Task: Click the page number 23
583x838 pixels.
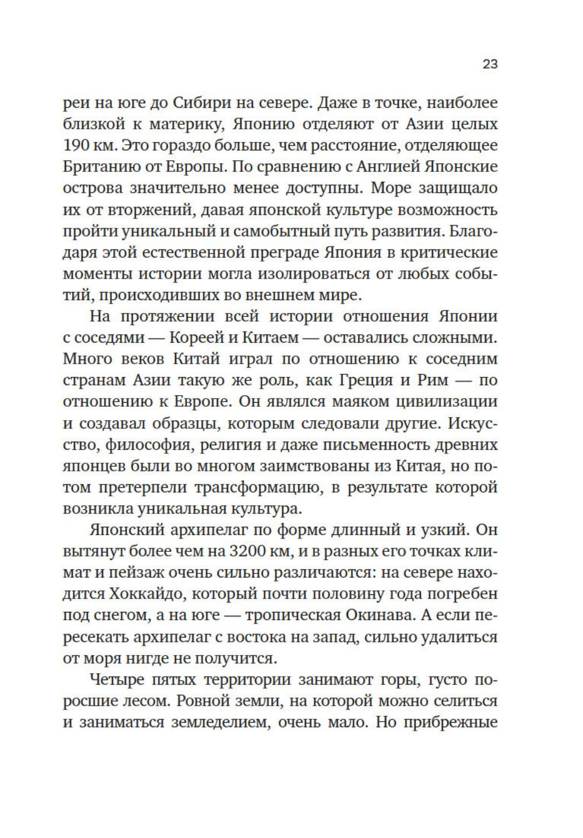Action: pyautogui.click(x=490, y=65)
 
